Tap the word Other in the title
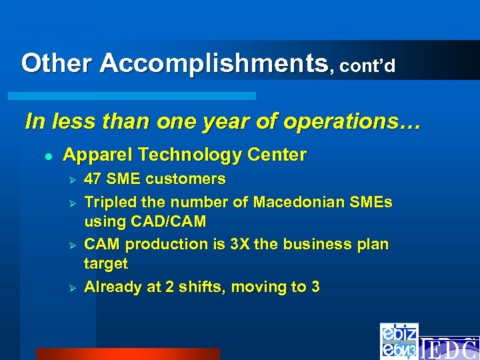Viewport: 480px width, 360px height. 58,63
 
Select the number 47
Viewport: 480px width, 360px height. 93,179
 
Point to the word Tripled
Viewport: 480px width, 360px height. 109,201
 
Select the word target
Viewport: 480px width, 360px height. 105,264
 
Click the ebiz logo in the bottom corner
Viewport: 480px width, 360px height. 399,341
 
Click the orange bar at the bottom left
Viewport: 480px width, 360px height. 127,353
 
